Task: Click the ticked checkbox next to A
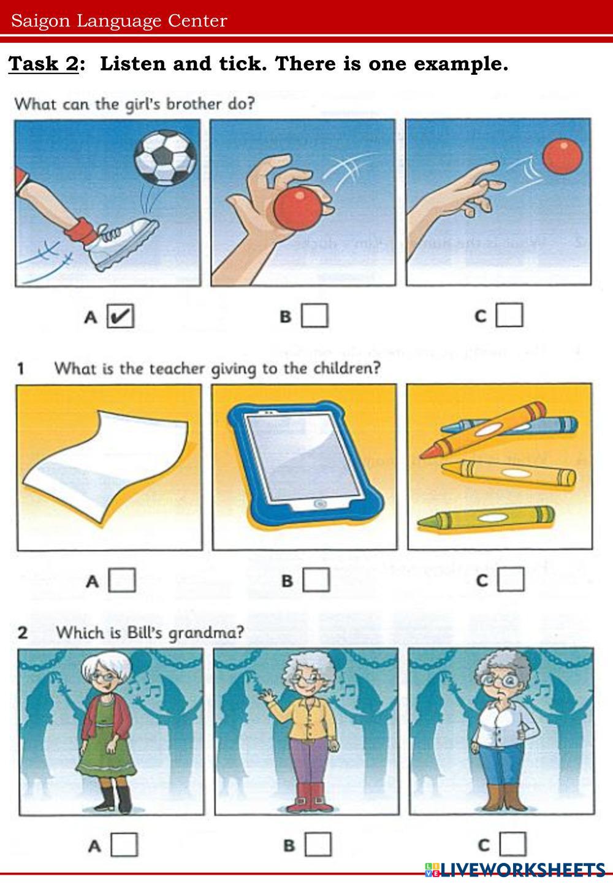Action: (120, 316)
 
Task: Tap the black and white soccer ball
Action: (166, 158)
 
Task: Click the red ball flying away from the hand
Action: (562, 156)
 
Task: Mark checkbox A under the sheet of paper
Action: (122, 580)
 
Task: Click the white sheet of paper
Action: (105, 466)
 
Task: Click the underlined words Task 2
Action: (44, 64)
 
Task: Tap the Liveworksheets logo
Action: (515, 870)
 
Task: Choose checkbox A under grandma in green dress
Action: (124, 845)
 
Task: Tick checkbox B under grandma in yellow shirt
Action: (318, 844)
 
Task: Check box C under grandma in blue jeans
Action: (513, 843)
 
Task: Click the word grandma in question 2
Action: (206, 633)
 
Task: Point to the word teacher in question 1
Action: (177, 368)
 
